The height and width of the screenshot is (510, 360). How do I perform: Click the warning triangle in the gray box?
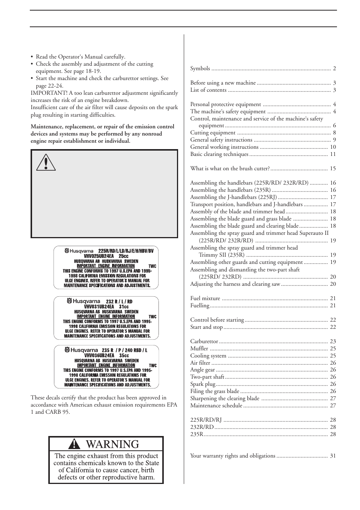click(x=46, y=163)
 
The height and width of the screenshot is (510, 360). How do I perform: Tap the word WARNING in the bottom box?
click(x=112, y=444)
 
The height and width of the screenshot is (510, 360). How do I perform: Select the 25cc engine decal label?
click(x=106, y=268)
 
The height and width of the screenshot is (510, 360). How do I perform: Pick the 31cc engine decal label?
click(x=106, y=318)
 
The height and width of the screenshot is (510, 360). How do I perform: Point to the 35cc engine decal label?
click(x=106, y=367)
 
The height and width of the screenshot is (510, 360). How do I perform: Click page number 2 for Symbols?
click(x=334, y=69)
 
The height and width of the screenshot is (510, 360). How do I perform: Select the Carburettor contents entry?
click(x=204, y=341)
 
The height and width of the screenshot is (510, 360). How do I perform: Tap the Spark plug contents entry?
click(x=203, y=384)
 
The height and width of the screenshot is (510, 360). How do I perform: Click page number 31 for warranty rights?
click(x=332, y=456)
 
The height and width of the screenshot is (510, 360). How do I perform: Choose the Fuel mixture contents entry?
click(x=205, y=298)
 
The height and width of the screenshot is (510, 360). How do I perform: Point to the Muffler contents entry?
click(x=199, y=348)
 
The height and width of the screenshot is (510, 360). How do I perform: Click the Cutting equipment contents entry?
click(x=213, y=133)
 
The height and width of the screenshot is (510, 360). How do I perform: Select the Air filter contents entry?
click(x=200, y=363)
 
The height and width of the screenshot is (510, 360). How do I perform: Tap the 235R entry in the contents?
click(x=197, y=434)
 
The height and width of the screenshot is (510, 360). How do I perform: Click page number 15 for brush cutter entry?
click(x=332, y=169)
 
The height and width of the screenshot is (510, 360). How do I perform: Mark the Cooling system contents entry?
click(x=208, y=356)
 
